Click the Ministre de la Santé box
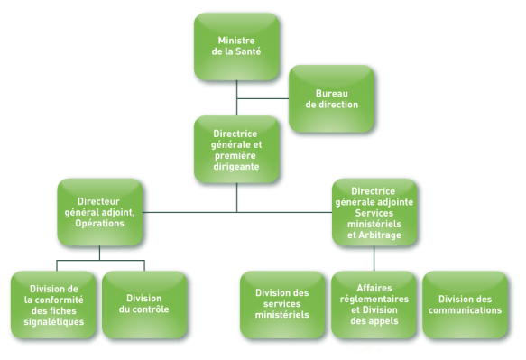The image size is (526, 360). [x=236, y=46]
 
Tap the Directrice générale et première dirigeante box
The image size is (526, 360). [x=236, y=149]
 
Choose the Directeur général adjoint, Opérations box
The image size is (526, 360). [x=99, y=211]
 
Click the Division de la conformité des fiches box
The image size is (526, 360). [x=54, y=304]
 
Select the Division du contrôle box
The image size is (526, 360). [x=144, y=304]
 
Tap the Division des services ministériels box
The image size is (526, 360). [x=282, y=304]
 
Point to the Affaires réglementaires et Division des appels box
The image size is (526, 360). [x=374, y=304]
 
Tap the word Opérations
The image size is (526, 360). [x=99, y=222]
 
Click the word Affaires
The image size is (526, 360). [x=374, y=288]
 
